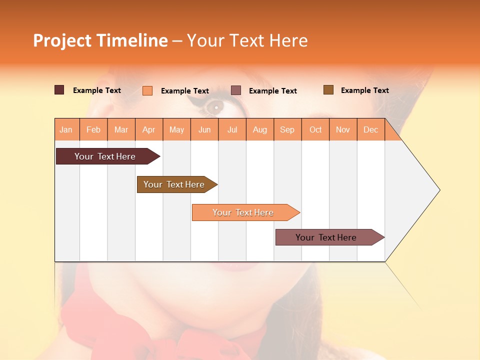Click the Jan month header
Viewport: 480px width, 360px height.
[66, 129]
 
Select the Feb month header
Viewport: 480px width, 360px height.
[93, 129]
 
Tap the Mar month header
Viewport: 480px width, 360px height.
[121, 129]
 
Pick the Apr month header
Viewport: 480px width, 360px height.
[149, 129]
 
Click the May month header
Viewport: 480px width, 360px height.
[176, 129]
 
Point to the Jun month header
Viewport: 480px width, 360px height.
[204, 129]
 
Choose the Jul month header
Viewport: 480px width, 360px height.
[232, 129]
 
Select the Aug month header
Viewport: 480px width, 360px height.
[260, 129]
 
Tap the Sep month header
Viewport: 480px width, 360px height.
[287, 129]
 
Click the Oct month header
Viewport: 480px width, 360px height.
[315, 129]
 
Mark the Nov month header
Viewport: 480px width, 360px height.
[343, 129]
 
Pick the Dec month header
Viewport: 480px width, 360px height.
[371, 129]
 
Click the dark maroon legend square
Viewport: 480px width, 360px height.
[59, 90]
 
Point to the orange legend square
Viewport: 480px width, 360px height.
[147, 90]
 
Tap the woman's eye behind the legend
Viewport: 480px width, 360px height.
[216, 106]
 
